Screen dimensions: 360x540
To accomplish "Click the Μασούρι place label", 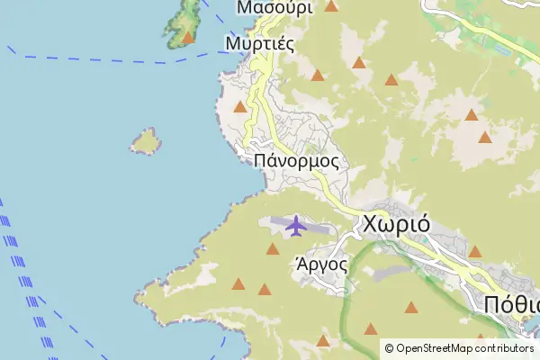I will click(274, 7).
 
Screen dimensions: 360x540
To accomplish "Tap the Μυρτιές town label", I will click(259, 42).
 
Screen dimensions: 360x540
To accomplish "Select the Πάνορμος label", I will click(296, 160).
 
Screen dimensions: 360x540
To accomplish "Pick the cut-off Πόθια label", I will click(511, 302).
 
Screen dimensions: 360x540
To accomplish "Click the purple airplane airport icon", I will click(296, 225).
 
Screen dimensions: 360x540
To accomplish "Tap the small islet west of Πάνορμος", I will click(145, 140).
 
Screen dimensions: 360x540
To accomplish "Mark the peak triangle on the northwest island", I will click(188, 37).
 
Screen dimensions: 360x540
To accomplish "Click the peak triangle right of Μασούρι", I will click(331, 6).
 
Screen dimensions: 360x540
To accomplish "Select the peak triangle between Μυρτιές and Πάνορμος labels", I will click(240, 107).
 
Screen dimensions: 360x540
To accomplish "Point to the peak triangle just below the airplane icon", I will click(273, 248).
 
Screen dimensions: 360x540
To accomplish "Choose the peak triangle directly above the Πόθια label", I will click(475, 251).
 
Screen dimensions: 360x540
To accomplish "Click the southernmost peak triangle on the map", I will click(323, 340).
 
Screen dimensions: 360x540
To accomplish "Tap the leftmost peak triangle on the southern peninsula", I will click(238, 284).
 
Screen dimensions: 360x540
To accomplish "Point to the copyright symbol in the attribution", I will click(389, 348).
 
